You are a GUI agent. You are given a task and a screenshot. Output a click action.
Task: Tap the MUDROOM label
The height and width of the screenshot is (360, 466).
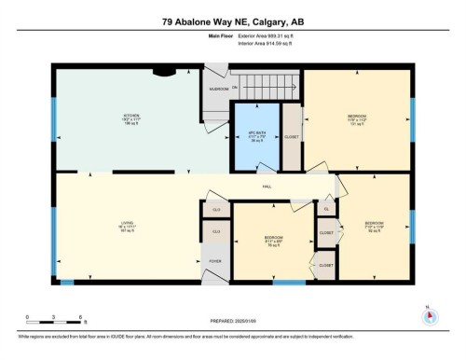point(219,89)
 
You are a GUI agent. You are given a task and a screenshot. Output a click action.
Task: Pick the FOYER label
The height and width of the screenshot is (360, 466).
point(214,262)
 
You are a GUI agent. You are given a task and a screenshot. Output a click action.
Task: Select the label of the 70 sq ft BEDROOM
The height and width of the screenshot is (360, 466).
point(273,240)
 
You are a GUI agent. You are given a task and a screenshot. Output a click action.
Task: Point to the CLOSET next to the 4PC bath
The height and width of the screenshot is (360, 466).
point(292,136)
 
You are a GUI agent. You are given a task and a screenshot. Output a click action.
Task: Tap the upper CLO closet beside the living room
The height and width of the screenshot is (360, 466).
point(215,209)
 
